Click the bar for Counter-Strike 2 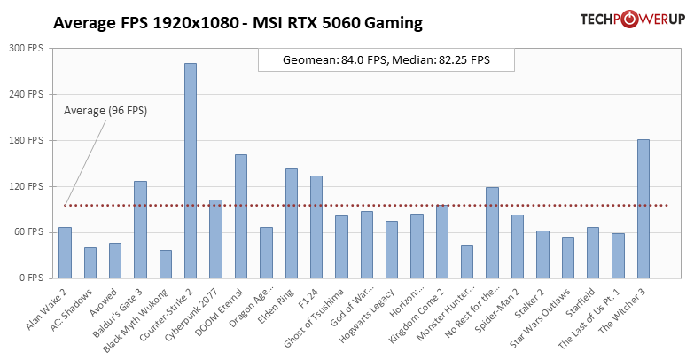pyautogui.click(x=191, y=170)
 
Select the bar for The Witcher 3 pyautogui.click(x=643, y=208)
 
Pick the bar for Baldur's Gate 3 pyautogui.click(x=140, y=229)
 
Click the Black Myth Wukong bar pyautogui.click(x=166, y=263)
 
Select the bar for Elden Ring pyautogui.click(x=292, y=223)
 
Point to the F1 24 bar pyautogui.click(x=316, y=226)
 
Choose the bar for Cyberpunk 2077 pyautogui.click(x=215, y=239)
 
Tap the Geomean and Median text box pyautogui.click(x=386, y=60)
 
